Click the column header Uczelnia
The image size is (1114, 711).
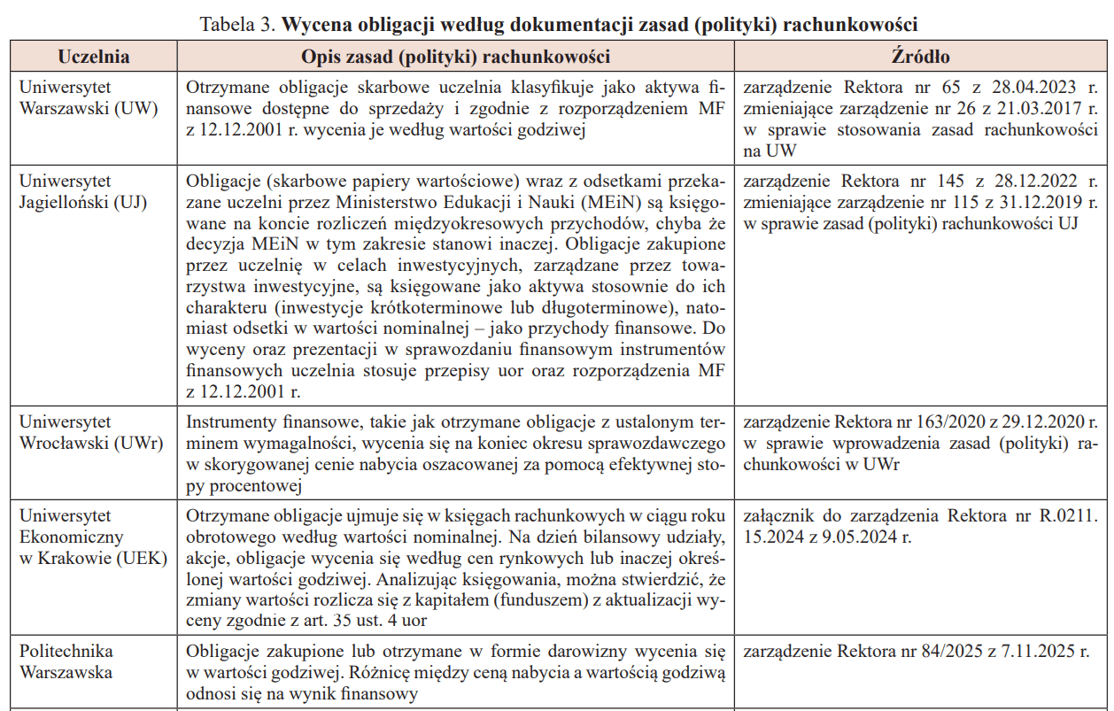[93, 58]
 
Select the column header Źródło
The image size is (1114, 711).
[920, 58]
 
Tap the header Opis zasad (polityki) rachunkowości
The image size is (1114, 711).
[455, 58]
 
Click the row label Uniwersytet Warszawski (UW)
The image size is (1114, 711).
[88, 98]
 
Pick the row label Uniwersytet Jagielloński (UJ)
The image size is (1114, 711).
[82, 191]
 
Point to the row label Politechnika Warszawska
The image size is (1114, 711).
[66, 661]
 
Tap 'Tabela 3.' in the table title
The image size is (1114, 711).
[238, 23]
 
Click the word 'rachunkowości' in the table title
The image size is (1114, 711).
[849, 23]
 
